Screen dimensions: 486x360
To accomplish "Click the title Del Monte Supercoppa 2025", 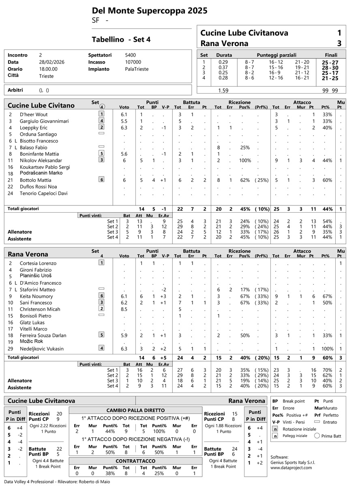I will [150, 11].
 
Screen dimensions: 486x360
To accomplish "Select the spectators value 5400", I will [131, 55].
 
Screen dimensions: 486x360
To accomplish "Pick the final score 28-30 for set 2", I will [330, 68].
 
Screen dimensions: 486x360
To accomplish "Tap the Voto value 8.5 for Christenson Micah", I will [124, 309].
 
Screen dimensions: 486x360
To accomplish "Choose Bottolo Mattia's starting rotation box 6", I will [101, 180].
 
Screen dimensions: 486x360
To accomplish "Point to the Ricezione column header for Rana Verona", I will [239, 251].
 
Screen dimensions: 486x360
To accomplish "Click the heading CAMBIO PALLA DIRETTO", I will [135, 410].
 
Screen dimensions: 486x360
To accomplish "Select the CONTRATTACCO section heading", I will [135, 461].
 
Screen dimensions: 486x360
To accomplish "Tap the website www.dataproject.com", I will [291, 467].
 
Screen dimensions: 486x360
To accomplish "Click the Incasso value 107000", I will [133, 62].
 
